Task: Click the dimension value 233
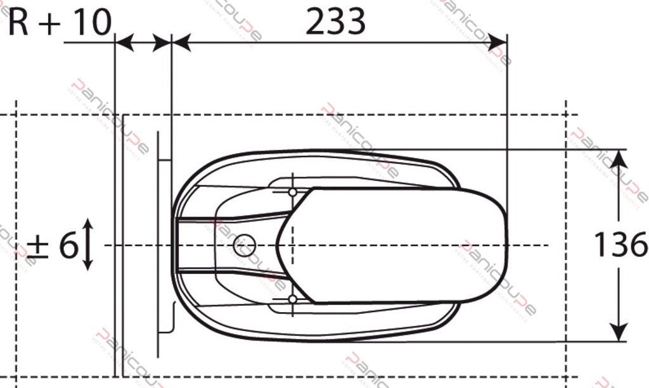point(335,23)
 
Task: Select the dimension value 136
point(620,245)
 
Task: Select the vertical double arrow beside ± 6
point(88,244)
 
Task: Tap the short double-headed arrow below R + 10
point(143,43)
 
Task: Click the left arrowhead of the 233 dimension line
point(181,43)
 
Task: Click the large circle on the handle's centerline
point(243,245)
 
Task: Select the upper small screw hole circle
point(292,191)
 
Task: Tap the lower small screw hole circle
point(292,299)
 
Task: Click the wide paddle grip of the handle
point(399,245)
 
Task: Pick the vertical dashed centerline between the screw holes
point(292,245)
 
